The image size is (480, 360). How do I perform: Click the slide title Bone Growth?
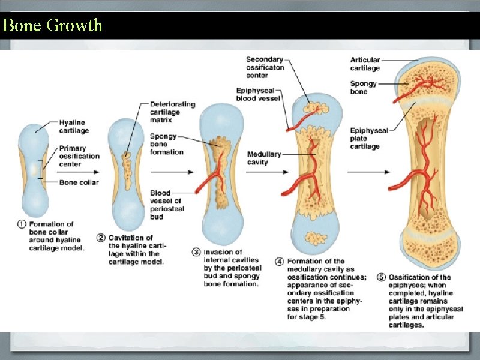(52, 25)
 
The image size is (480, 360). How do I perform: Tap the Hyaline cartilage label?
(74, 126)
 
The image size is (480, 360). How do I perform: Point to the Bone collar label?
(79, 182)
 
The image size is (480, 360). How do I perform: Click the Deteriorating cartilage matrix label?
(172, 112)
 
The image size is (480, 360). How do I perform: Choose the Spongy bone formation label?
(166, 144)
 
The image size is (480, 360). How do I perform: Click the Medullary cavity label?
(264, 158)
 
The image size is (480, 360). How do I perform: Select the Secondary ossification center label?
(264, 67)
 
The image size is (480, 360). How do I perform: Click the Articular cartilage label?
(365, 64)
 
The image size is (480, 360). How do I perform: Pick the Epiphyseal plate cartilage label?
(368, 138)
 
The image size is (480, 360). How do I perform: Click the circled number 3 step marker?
(196, 253)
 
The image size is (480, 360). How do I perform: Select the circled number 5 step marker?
(381, 277)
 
